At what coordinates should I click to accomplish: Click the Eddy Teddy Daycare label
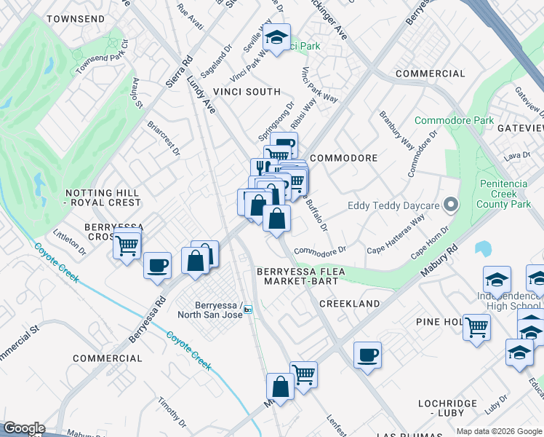(393, 205)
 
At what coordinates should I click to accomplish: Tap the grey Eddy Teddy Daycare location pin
(451, 205)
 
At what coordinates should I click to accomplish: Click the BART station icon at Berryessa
(248, 310)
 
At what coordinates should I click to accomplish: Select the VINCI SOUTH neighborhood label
(247, 92)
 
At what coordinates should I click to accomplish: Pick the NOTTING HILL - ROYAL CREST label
(102, 197)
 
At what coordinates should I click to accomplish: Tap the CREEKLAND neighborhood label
(349, 303)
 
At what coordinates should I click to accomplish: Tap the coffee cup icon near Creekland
(367, 355)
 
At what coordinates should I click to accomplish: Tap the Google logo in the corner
(24, 428)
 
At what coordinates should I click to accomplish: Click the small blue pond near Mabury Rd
(482, 249)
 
